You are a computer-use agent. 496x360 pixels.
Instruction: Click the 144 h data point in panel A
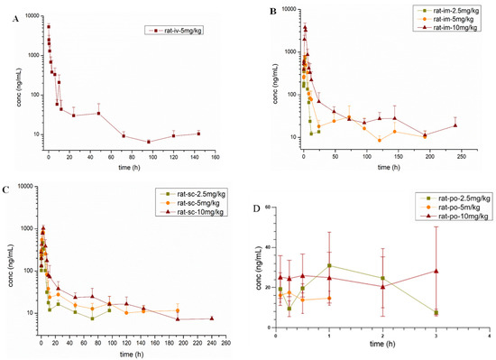(x=198, y=134)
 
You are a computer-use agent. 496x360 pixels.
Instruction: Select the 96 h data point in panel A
(x=149, y=142)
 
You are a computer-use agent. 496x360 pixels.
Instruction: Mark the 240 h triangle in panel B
(x=456, y=125)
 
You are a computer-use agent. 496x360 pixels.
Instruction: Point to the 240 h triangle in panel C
(x=212, y=318)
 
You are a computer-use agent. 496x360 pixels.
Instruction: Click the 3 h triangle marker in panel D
(x=436, y=271)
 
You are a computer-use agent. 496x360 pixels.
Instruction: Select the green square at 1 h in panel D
(x=329, y=265)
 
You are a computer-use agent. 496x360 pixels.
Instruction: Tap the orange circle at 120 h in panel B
(x=380, y=140)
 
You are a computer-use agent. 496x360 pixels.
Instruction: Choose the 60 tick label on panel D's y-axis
(x=268, y=208)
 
